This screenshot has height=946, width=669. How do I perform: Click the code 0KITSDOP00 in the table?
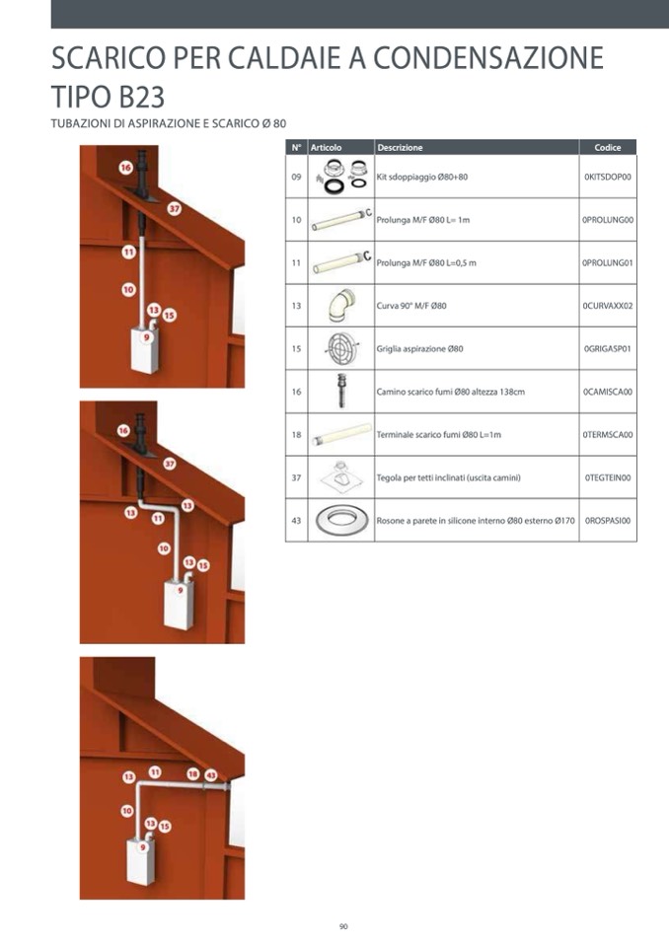point(608,177)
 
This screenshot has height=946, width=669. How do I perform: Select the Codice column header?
point(608,147)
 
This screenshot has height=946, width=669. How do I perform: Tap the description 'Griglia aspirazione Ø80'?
point(420,349)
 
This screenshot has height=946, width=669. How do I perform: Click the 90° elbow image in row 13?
point(341,305)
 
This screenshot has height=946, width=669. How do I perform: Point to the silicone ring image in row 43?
point(341,520)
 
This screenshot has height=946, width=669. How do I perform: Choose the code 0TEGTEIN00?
point(608,477)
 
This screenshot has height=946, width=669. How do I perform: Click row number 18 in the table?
point(296,434)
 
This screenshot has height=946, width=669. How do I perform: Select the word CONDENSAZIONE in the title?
point(488,58)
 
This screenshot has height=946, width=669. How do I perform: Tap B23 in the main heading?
point(137,96)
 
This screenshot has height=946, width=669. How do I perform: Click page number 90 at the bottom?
point(343,926)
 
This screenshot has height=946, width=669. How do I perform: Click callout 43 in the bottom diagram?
point(210,775)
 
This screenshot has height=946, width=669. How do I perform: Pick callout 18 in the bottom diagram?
point(192,774)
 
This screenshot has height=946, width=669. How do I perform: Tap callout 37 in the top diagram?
point(175,209)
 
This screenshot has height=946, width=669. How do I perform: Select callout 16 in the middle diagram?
point(123,430)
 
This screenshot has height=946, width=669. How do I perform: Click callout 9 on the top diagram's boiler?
point(146,337)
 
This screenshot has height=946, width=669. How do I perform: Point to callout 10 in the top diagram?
point(128,290)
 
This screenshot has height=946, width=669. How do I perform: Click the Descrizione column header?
point(400,147)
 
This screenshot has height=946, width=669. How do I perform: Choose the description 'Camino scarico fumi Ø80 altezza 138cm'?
point(451,392)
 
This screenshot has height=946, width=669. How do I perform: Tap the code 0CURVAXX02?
point(608,306)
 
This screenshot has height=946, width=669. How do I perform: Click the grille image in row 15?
point(341,348)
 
